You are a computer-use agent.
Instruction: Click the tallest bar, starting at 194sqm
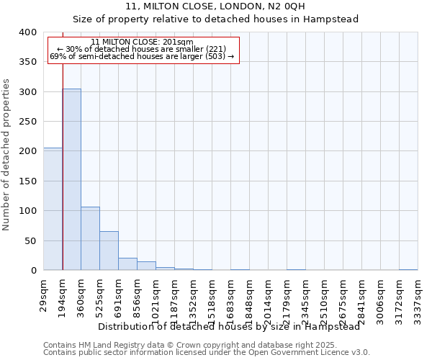pos(71,179)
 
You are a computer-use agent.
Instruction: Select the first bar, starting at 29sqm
pos(53,209)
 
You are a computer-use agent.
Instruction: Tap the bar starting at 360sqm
pos(90,238)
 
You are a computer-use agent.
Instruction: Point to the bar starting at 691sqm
pos(127,264)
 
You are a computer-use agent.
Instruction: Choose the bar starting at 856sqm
pos(146,266)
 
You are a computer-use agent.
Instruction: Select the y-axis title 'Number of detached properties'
pos(7,165)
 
